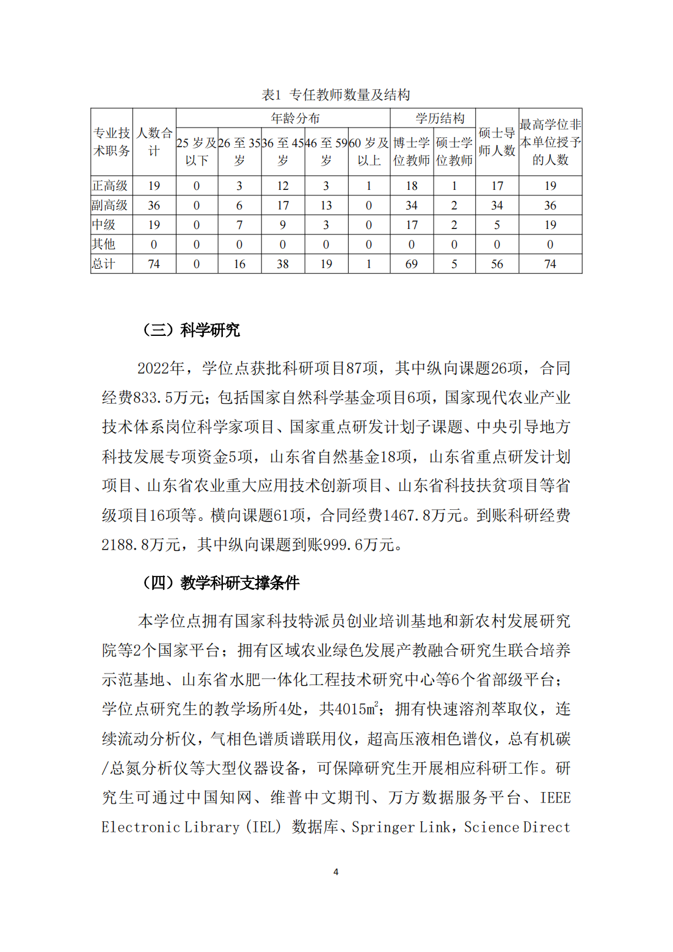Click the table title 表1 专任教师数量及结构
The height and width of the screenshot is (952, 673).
click(336, 95)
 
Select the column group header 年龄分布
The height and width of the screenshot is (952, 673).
click(295, 118)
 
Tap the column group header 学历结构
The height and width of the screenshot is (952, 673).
click(440, 118)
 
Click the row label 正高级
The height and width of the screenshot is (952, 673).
click(111, 186)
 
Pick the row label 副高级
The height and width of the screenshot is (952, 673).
click(111, 205)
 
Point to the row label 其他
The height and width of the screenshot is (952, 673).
click(104, 244)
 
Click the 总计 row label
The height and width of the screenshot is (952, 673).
click(104, 264)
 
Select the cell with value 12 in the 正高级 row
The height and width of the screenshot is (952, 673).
click(283, 186)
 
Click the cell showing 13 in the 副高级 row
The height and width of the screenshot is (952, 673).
click(326, 205)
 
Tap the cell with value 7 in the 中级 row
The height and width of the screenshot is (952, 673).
click(239, 225)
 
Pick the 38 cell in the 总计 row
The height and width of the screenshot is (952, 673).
click(283, 264)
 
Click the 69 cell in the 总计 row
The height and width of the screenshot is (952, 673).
click(412, 264)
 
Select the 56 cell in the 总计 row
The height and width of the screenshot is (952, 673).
click(497, 264)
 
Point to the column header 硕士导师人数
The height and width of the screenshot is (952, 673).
click(497, 142)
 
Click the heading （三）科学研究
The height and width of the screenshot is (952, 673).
click(191, 330)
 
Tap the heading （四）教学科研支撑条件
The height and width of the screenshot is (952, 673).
click(220, 583)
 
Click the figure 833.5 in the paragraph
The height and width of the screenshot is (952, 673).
click(153, 398)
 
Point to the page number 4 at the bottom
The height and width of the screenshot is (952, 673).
click(336, 872)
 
